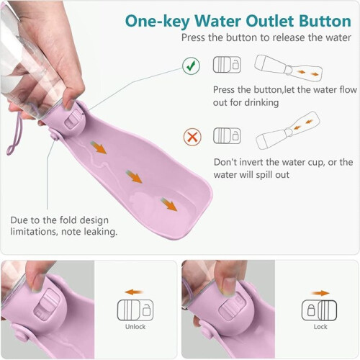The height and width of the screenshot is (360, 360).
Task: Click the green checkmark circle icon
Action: (x=191, y=66)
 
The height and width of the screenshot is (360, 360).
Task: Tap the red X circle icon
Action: (x=192, y=137)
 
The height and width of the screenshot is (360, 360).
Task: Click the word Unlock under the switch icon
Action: (x=135, y=327)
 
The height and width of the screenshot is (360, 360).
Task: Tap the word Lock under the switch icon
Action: (x=320, y=327)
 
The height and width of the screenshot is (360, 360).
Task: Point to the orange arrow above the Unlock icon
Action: (x=134, y=292)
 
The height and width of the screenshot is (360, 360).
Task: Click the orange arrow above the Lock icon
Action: (x=320, y=293)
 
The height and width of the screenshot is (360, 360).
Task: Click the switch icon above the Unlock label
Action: (x=135, y=310)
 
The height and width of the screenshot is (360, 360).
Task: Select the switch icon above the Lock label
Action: (x=319, y=310)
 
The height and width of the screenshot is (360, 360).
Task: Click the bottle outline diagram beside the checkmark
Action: (x=288, y=68)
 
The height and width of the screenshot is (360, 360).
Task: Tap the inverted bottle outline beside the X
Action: (x=288, y=130)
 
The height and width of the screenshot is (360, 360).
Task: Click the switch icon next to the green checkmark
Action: (x=227, y=65)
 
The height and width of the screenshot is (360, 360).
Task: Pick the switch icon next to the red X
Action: (x=227, y=135)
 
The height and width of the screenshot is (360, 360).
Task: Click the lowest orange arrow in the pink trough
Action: (x=169, y=204)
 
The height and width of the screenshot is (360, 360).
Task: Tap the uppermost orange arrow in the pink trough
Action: (x=99, y=148)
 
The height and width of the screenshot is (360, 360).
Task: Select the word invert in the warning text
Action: (x=251, y=162)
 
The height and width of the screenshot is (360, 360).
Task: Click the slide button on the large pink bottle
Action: (x=74, y=118)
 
